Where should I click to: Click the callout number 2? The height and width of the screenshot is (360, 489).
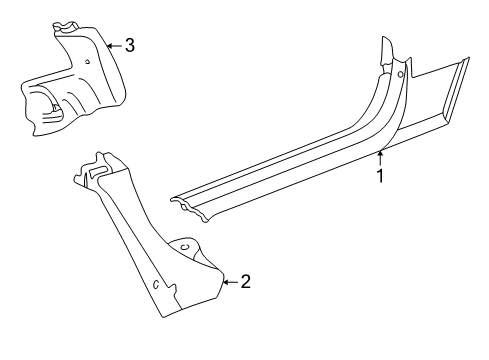[245, 282]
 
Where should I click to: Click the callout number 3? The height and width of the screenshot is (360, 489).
[128, 45]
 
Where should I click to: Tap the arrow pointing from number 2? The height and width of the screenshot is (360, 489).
[230, 282]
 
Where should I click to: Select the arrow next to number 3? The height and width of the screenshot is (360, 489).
[113, 45]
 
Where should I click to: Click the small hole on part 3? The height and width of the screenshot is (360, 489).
[88, 62]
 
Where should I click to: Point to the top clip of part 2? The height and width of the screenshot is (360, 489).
[98, 165]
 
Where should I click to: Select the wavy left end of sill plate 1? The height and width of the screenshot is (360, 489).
[183, 205]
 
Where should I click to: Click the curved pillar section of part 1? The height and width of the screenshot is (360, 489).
[385, 110]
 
